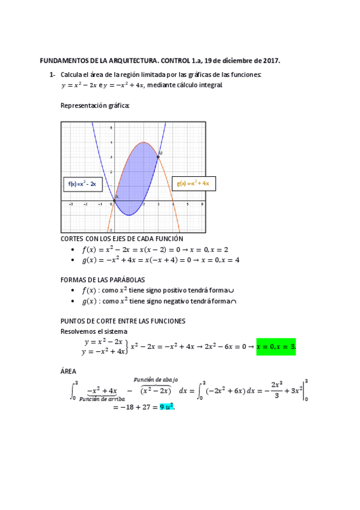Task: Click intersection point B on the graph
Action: pos(158,157)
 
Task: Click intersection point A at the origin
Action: pos(114,200)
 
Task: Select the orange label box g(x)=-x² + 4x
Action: pos(193,183)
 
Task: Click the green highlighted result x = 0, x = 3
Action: pos(276,347)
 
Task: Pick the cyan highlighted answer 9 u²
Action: pos(166,407)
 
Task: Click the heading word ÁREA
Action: pos(69,370)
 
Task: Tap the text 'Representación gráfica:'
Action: pos(95,106)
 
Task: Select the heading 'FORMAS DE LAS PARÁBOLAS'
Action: pos(103,280)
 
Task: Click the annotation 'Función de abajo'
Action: pos(156,379)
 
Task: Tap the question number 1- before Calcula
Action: pos(52,75)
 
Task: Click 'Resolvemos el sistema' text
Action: pos(93,331)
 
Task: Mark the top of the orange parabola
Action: pos(144,143)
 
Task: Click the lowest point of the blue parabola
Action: pos(129,215)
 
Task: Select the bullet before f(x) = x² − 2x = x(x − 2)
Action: pos(73,249)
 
